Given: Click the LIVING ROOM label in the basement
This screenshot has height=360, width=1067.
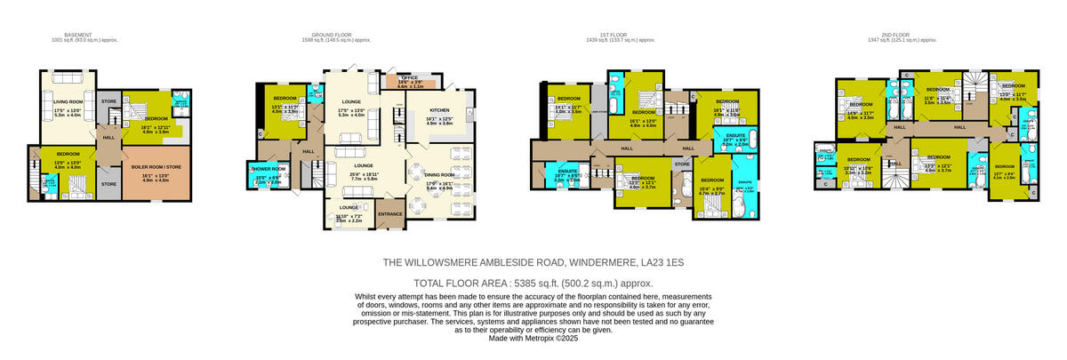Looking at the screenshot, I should click(68, 102).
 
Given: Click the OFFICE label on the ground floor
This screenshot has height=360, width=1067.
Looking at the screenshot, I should click(410, 78).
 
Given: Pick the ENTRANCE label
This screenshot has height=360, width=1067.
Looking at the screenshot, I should click(389, 214).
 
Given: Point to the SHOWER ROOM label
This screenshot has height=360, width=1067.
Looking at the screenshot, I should click(268, 169).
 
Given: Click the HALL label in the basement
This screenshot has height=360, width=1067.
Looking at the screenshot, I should click(108, 137).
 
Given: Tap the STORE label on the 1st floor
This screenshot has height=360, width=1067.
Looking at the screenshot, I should click(682, 164).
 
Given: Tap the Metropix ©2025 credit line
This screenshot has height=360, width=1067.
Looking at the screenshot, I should click(533, 338).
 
